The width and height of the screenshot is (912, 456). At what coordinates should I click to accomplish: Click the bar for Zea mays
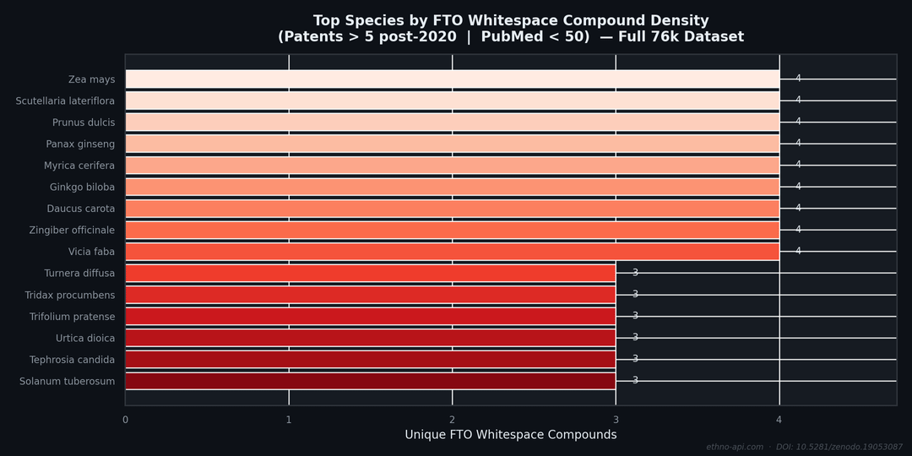pyautogui.click(x=452, y=79)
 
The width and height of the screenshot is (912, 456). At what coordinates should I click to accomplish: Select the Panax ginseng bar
pyautogui.click(x=452, y=144)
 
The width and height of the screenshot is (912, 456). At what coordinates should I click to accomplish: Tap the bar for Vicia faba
pyautogui.click(x=452, y=252)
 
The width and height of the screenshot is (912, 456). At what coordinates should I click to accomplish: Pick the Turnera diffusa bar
pyautogui.click(x=370, y=273)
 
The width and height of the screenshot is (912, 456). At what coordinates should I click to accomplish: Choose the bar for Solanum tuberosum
pyautogui.click(x=370, y=381)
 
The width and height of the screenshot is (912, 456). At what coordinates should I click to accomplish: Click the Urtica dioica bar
pyautogui.click(x=370, y=338)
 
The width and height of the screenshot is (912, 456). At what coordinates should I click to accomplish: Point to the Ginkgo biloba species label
pyautogui.click(x=82, y=187)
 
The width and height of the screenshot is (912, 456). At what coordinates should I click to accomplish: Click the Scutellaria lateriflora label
pyautogui.click(x=65, y=101)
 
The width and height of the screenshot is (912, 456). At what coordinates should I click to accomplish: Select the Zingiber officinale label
pyautogui.click(x=72, y=231)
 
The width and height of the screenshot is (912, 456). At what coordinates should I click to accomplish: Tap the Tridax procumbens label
pyautogui.click(x=70, y=296)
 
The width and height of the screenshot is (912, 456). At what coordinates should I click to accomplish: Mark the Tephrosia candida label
pyautogui.click(x=73, y=360)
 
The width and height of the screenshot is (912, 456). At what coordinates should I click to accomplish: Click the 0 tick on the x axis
pyautogui.click(x=125, y=420)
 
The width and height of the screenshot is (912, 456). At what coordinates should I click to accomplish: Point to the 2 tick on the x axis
pyautogui.click(x=452, y=420)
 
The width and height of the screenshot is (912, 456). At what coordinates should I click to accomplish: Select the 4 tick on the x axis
pyautogui.click(x=779, y=420)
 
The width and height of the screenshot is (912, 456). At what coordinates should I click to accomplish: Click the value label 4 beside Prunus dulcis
pyautogui.click(x=798, y=122)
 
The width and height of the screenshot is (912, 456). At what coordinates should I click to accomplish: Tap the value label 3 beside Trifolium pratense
pyautogui.click(x=635, y=316)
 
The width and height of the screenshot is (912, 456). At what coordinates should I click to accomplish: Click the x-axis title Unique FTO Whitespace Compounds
pyautogui.click(x=510, y=435)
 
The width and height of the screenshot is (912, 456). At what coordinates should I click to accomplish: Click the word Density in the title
pyautogui.click(x=681, y=21)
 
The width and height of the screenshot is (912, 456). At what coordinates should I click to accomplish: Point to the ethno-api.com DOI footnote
pyautogui.click(x=804, y=447)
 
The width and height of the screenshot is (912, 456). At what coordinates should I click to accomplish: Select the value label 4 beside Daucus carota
pyautogui.click(x=798, y=208)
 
